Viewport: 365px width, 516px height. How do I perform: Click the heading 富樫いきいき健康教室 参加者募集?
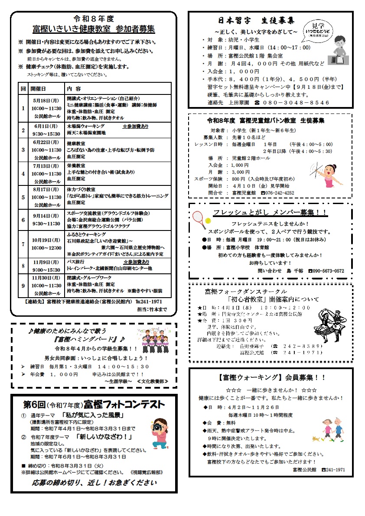(94, 29)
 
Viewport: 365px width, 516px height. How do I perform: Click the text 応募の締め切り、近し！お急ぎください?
(94, 483)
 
